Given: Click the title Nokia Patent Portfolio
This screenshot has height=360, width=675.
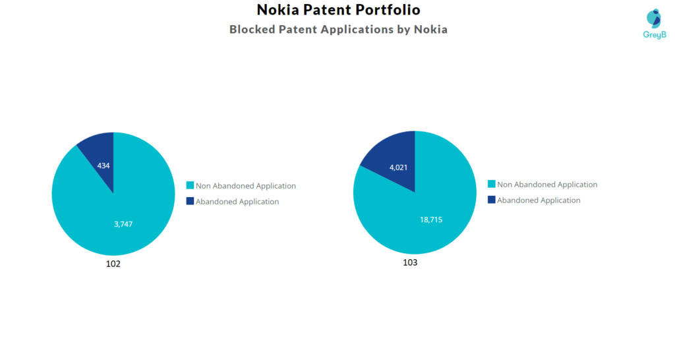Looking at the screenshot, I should tap(338, 10).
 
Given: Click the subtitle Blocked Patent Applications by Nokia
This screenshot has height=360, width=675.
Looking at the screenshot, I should tap(338, 30).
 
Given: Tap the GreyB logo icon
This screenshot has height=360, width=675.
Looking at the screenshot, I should tap(654, 18).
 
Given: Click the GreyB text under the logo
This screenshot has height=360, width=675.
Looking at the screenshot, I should tap(654, 34).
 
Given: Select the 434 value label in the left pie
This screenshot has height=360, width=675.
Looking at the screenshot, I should tap(103, 165).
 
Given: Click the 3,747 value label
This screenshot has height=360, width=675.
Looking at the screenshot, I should tap(124, 224).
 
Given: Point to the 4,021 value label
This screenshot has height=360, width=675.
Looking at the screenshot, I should tap(399, 167).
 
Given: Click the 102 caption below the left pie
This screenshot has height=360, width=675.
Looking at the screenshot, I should tap(113, 264).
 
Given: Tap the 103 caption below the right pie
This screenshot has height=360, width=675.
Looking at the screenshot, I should tap(410, 262).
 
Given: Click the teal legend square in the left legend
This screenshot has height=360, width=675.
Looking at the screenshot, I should tap(190, 186).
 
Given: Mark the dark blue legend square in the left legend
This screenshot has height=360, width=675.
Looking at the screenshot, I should tap(190, 201).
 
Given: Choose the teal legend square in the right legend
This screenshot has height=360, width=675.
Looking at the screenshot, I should tap(491, 185).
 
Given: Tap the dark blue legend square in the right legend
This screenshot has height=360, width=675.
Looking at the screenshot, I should tap(491, 200).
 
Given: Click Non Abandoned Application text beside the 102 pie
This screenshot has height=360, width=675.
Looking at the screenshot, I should tap(246, 186).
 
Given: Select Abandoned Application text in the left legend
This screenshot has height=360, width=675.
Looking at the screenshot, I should tap(237, 202).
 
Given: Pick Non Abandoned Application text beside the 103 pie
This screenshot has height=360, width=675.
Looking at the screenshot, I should tap(547, 185).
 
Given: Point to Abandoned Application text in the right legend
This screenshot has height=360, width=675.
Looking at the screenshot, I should tap(539, 200).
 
